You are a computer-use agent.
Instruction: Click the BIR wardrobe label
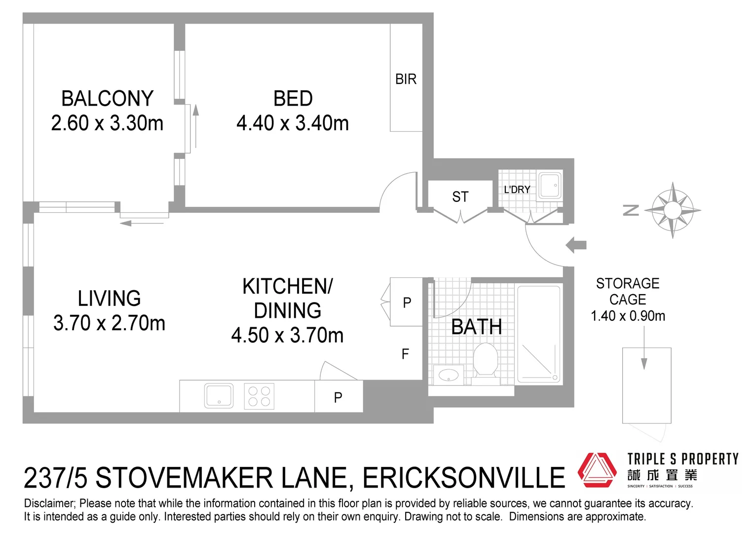tap(406, 79)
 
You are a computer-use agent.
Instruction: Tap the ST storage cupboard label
tap(460, 197)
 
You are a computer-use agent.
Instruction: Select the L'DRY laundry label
tap(517, 190)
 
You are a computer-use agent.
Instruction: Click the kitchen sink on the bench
tap(219, 396)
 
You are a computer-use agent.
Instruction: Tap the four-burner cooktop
tap(259, 396)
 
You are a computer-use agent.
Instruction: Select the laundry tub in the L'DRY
tap(549, 185)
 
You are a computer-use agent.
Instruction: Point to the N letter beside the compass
tap(631, 210)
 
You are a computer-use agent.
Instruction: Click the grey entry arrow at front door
tap(576, 245)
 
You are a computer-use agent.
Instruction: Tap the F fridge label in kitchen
tap(405, 354)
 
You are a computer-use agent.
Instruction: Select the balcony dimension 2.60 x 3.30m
tap(107, 123)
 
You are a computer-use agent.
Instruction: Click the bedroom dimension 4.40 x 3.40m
tap(293, 123)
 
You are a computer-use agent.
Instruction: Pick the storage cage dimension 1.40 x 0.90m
tap(628, 316)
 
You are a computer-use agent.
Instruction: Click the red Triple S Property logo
tap(597, 470)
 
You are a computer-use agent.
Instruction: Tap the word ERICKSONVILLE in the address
tap(463, 478)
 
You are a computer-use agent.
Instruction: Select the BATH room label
tap(476, 327)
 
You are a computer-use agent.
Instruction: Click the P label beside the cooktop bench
tap(338, 397)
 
